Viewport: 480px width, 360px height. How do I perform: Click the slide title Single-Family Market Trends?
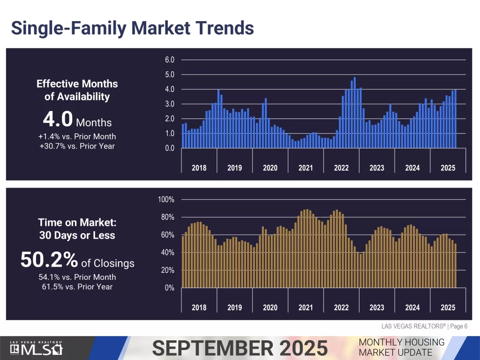click(x=132, y=28)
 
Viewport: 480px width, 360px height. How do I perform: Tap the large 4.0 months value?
click(x=58, y=120)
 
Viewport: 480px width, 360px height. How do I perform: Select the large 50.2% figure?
click(x=49, y=260)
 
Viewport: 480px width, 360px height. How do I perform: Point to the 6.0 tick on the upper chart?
click(x=170, y=60)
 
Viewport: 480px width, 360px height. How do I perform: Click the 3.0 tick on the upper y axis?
click(x=170, y=104)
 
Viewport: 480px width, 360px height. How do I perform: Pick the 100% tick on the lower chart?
click(x=166, y=200)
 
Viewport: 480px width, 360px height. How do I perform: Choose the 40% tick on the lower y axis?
click(x=168, y=253)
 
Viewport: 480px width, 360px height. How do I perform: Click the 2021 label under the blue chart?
click(x=306, y=168)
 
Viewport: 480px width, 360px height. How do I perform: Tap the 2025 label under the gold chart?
click(x=448, y=307)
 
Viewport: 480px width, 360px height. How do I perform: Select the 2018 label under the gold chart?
click(x=199, y=307)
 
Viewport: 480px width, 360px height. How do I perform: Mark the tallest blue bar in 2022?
click(x=355, y=112)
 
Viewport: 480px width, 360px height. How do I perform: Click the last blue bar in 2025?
click(x=455, y=119)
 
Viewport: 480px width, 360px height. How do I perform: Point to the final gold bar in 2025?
click(x=455, y=266)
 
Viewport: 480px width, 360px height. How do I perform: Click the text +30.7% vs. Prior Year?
click(x=77, y=146)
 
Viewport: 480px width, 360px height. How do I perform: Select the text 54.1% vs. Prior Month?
click(x=77, y=277)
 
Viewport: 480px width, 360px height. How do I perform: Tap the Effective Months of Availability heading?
click(x=77, y=90)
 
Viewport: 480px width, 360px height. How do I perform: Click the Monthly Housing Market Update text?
click(x=401, y=347)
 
